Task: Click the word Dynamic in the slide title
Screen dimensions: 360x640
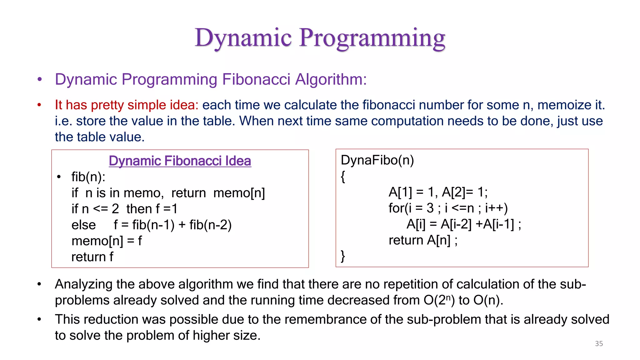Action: tap(243, 38)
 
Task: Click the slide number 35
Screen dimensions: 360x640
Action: tap(599, 343)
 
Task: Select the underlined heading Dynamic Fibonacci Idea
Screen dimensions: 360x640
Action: tap(180, 161)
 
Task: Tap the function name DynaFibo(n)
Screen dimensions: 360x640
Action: tap(377, 160)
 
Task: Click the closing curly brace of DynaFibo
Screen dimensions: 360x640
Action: tap(343, 256)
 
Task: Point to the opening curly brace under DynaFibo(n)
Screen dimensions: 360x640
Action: tap(343, 177)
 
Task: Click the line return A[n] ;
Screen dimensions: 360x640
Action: tap(423, 240)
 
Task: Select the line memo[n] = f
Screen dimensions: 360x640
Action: tap(106, 241)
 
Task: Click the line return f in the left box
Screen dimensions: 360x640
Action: tap(92, 257)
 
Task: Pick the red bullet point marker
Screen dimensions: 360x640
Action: tap(39, 105)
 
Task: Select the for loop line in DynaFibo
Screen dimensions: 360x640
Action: tap(448, 208)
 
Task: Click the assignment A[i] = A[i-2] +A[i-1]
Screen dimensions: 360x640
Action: tap(463, 224)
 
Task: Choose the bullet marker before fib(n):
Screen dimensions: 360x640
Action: tap(59, 177)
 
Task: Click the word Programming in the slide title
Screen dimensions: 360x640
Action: tap(372, 38)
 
